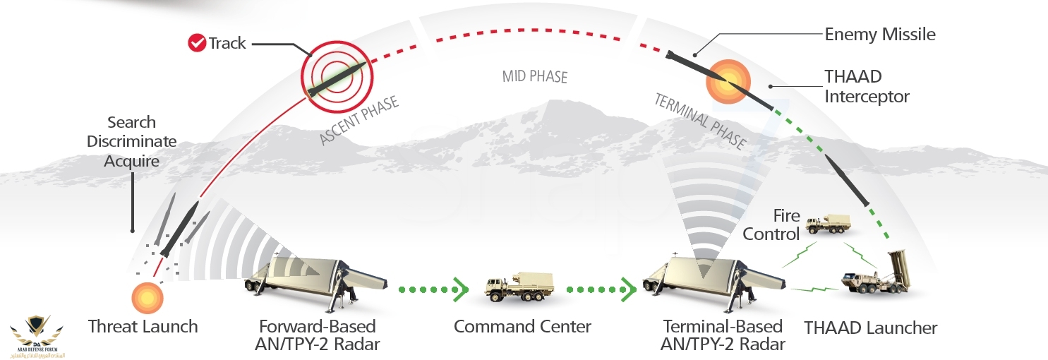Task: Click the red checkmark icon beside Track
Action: pyautogui.click(x=196, y=43)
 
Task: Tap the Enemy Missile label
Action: pyautogui.click(x=880, y=34)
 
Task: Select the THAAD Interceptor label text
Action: pyautogui.click(x=867, y=85)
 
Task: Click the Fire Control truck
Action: pyautogui.click(x=828, y=224)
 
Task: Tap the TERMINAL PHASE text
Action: pyautogui.click(x=699, y=121)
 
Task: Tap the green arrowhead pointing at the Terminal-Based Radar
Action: pyautogui.click(x=625, y=289)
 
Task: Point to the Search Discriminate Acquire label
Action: pyautogui.click(x=131, y=142)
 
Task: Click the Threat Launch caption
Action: pyautogui.click(x=143, y=327)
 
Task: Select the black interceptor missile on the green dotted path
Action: pyautogui.click(x=847, y=181)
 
